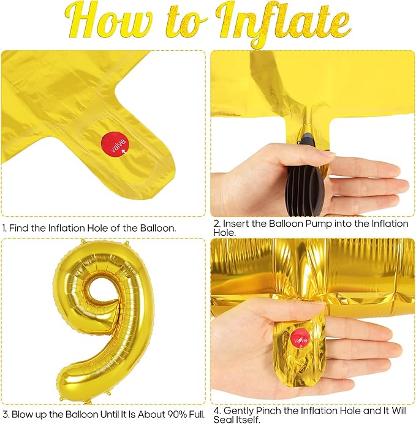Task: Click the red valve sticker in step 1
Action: click(x=115, y=145)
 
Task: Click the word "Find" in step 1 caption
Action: click(x=19, y=228)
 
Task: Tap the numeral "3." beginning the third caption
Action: click(x=6, y=414)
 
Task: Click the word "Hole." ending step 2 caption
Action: click(x=224, y=233)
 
